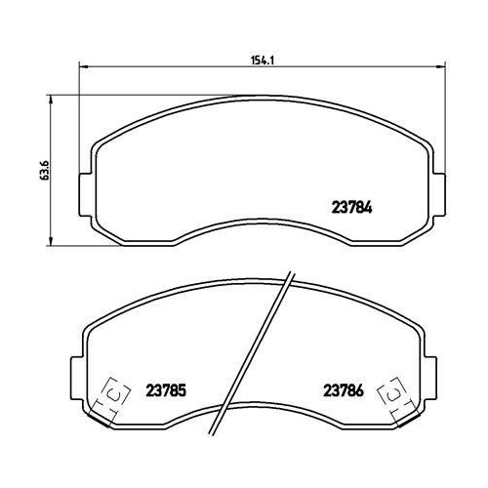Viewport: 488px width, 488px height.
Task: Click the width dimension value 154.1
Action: click(x=259, y=60)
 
